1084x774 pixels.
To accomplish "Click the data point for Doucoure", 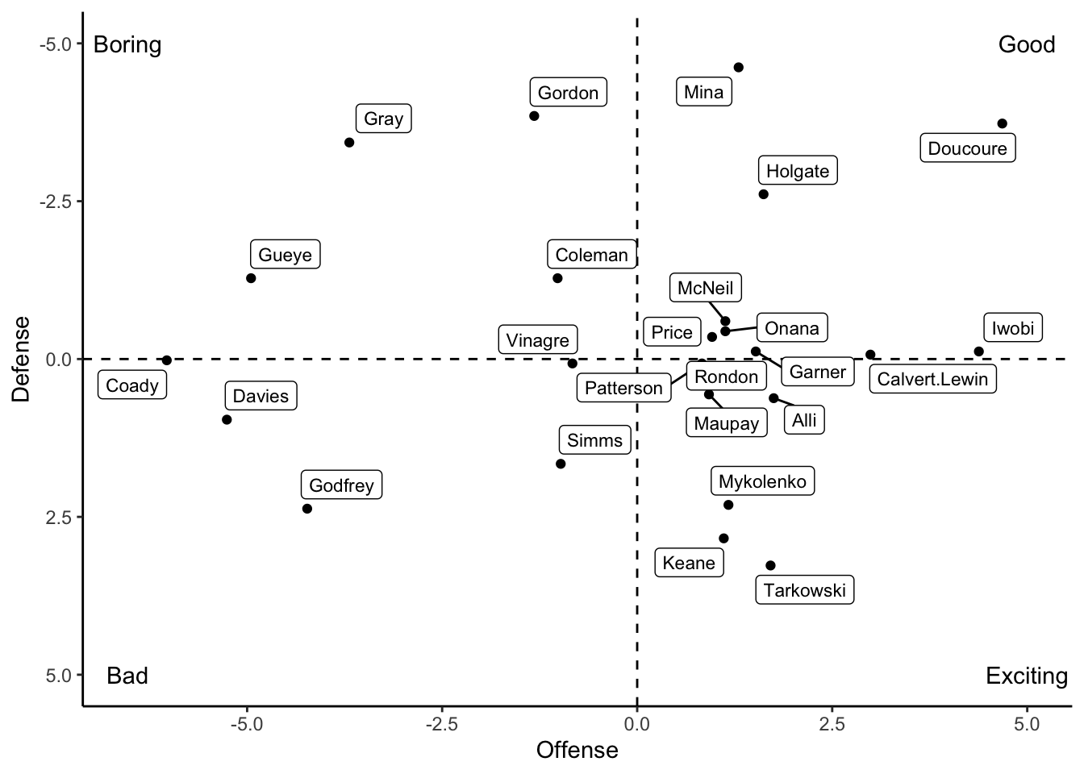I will point(1002,123).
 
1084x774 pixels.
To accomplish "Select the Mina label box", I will point(704,92).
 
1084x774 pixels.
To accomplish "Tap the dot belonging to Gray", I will point(349,143).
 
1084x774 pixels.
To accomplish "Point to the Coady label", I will point(132,385).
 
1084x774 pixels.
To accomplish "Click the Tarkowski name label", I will point(804,590).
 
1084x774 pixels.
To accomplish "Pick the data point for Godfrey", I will point(307,509).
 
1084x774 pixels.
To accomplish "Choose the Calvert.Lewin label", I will point(932,379).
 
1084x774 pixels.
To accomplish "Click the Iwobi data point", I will point(978,352).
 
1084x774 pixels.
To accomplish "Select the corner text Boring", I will point(127,44).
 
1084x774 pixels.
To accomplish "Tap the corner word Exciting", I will point(1026,676).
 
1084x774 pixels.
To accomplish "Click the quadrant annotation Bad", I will point(127,676).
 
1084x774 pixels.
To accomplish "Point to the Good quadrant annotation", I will point(1026,44).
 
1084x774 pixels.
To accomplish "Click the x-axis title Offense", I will point(577,750).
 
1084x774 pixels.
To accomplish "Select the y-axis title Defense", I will point(21,359).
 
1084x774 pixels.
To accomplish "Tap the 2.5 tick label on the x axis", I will point(832,724).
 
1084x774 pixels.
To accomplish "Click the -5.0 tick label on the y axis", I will point(56,44).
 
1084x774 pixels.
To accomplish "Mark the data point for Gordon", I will point(534,116).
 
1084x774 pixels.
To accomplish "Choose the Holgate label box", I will point(798,171).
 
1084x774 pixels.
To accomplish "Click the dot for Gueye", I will point(251,278).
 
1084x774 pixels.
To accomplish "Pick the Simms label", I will point(594,440).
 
